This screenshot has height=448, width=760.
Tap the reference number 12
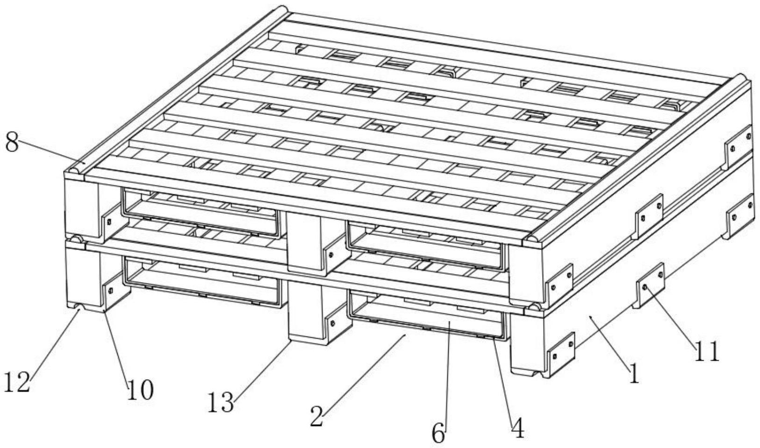(17, 382)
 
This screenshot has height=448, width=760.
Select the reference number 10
(140, 390)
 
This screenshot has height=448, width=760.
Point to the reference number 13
(221, 402)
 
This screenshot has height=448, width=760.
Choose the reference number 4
(518, 427)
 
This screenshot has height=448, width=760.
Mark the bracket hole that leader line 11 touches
(645, 288)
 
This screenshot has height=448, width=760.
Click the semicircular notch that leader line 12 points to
(78, 307)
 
